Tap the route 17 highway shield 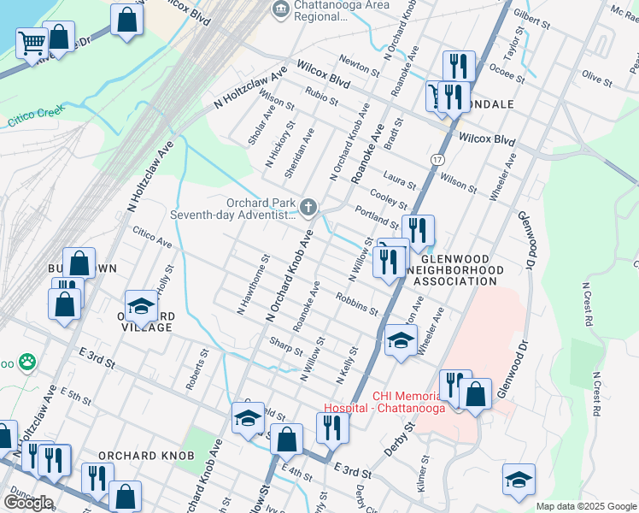coord(437,159)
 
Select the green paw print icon coord(28,362)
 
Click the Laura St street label coord(399,181)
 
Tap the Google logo coord(28,503)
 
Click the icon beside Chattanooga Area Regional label coord(279,9)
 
